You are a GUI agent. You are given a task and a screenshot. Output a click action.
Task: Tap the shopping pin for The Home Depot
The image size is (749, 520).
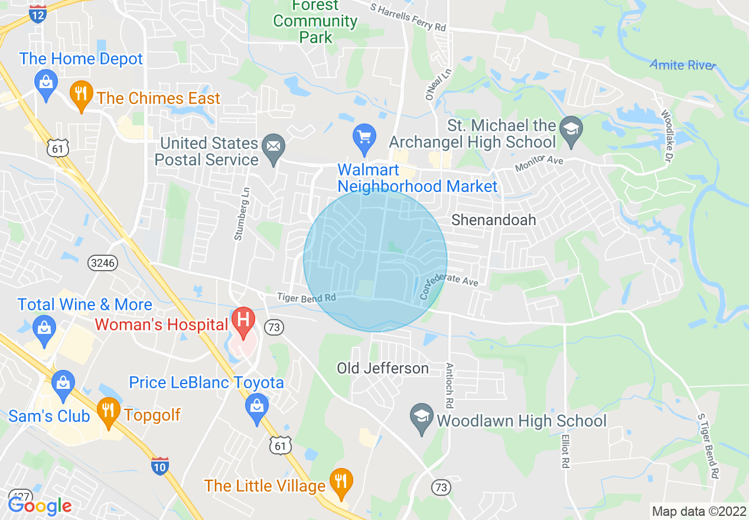pos(45,83)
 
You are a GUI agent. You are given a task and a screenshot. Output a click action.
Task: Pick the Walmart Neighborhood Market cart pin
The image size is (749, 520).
pos(364,138)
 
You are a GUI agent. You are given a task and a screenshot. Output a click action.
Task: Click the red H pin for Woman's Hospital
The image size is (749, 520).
pos(242,320)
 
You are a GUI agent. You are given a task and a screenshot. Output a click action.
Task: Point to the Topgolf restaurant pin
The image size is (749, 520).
pos(108,409)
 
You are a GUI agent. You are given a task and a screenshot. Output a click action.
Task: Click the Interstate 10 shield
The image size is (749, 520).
pos(160,466)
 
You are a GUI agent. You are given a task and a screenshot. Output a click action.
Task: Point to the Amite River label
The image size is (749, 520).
pos(683,65)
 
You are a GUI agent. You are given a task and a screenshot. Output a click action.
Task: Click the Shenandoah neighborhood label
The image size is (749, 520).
pos(494,220)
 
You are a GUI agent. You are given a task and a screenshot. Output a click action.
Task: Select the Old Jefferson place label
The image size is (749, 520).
pos(383,369)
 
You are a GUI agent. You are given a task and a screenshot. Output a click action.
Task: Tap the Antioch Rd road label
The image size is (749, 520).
pos(450,385)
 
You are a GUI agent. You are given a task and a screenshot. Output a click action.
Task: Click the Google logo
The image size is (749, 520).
pos(40,505)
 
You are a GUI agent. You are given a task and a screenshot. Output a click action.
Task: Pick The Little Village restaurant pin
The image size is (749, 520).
pos(340,481)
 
